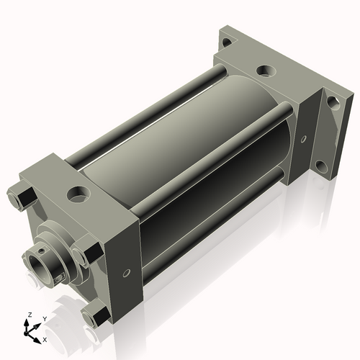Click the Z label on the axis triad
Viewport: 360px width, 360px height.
(30, 315)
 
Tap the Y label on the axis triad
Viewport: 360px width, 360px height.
(45, 319)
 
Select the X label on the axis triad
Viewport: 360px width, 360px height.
(45, 340)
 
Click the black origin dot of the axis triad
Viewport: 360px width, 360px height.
(26, 333)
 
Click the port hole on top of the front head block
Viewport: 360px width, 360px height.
(78, 194)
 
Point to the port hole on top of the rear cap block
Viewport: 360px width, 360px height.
(266, 71)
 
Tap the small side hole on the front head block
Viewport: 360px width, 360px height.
(126, 273)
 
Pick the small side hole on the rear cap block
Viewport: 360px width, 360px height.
(304, 139)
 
